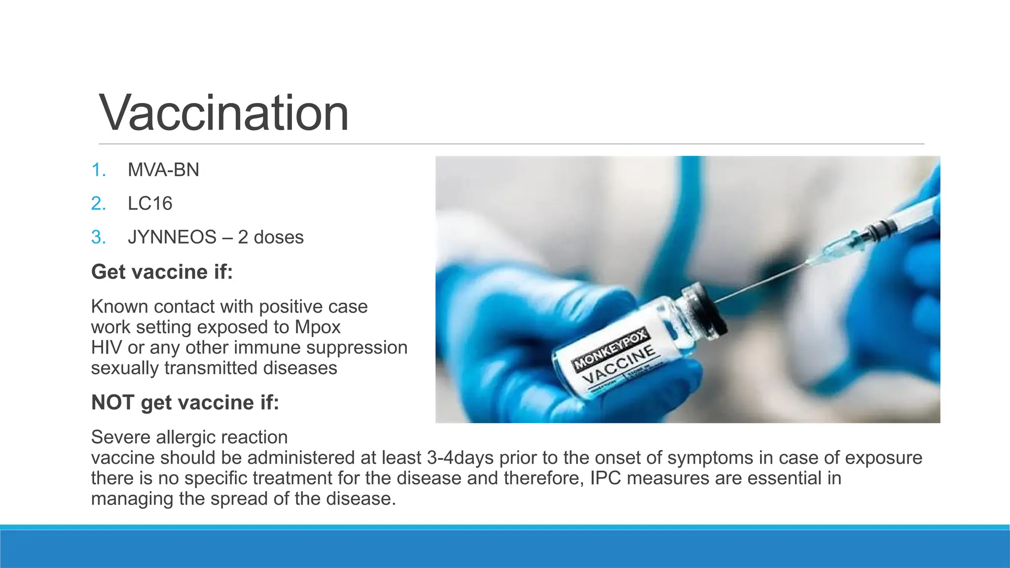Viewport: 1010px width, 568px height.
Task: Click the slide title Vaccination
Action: coord(224,113)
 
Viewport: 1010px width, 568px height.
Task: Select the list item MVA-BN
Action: coord(163,170)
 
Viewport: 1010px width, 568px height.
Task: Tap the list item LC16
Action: coord(150,204)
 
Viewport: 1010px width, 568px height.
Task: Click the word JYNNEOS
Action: coord(172,237)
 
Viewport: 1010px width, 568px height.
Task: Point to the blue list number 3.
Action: coord(98,237)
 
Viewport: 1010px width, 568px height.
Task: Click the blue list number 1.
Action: coord(98,170)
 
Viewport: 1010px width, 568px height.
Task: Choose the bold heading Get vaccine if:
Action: coord(162,272)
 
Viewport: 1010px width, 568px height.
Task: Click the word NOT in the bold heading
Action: coord(112,403)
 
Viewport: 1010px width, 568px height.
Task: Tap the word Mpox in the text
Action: coord(318,327)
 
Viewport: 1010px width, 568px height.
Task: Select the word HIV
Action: coord(107,348)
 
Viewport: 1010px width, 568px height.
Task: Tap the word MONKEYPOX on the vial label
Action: coord(610,350)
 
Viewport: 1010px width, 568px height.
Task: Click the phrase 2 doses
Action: coord(271,237)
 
